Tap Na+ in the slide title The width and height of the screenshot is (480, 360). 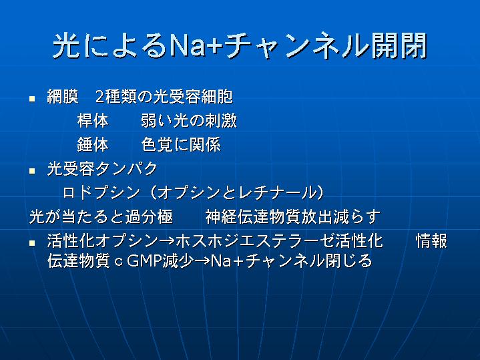tap(196, 46)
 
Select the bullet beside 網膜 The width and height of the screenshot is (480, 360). tap(32, 99)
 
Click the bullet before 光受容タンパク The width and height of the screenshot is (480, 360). tap(32, 171)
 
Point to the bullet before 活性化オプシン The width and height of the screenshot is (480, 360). tap(32, 243)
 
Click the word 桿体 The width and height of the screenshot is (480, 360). tap(93, 120)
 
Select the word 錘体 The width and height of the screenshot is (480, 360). tap(93, 144)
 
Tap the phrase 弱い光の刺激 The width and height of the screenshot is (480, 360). tap(189, 120)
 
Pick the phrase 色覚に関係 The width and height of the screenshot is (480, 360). tap(181, 144)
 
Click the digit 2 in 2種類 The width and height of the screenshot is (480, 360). tap(99, 97)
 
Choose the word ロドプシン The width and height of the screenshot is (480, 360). tap(101, 193)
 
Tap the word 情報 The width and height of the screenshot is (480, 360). tap(432, 241)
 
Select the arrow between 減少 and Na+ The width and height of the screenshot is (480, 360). tap(202, 261)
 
